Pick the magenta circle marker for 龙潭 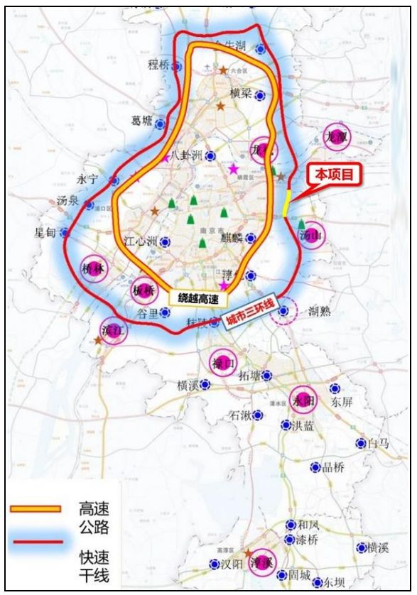pos(335,137)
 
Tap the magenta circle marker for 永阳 pos(303,400)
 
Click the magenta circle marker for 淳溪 pos(262,561)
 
